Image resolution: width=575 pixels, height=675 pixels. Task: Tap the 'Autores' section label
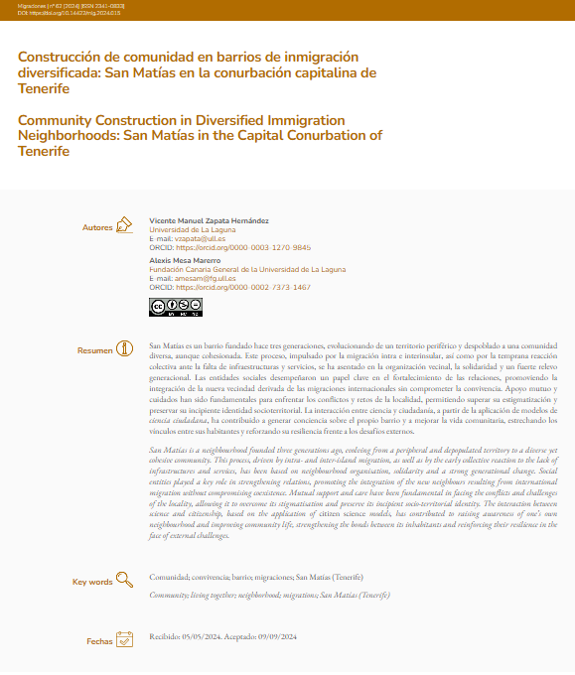pos(97,227)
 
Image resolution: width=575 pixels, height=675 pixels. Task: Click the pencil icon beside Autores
pos(123,225)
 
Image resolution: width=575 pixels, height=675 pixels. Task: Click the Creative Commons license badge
pos(162,307)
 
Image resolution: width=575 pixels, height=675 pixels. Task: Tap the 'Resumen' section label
pos(95,350)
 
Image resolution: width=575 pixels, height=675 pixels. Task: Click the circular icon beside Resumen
pos(124,348)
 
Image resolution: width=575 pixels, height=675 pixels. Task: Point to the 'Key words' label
pos(92,582)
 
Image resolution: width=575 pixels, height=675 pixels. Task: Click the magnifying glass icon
pos(124,580)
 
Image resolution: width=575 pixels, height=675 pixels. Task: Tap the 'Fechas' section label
pos(99,641)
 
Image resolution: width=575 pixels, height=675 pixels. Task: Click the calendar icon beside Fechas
pos(124,639)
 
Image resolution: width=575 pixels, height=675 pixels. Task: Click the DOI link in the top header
pos(63,12)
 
